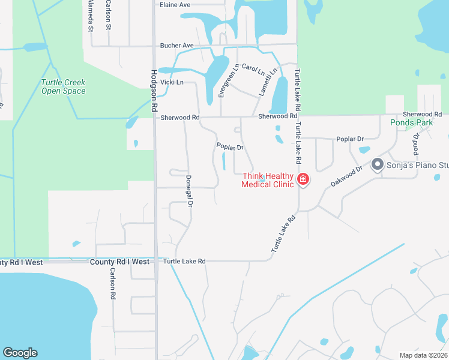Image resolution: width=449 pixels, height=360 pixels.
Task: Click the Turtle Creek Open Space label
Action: tap(63, 87)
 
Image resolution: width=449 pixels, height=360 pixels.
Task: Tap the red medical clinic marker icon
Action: tap(303, 179)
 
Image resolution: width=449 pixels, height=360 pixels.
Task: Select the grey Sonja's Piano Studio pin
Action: tap(378, 163)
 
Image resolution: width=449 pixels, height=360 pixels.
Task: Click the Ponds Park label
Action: tap(411, 122)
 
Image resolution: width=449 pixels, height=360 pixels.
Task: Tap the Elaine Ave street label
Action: tap(175, 5)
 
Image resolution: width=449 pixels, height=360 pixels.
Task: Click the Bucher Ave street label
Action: tap(176, 46)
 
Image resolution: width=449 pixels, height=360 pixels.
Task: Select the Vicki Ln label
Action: tap(172, 82)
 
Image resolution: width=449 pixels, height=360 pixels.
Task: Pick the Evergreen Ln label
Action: tap(221, 80)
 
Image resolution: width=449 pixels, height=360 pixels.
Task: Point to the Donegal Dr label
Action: tap(188, 191)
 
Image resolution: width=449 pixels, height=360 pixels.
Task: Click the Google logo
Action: tap(20, 353)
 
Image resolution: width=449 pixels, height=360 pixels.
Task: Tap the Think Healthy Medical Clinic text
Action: tap(268, 180)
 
